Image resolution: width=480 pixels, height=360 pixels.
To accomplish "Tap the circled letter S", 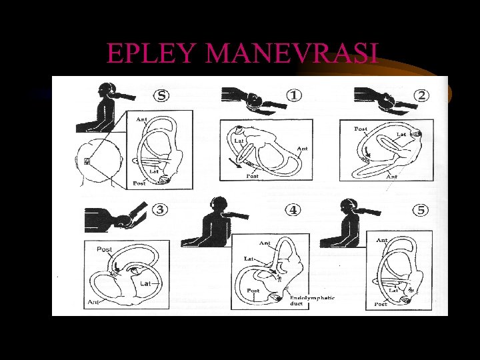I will coord(161,95).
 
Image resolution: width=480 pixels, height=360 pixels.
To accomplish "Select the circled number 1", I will coord(293,95).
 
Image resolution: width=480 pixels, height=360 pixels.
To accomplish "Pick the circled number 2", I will coord(421,95).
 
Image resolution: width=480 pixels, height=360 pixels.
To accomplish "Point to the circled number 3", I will coord(161,210).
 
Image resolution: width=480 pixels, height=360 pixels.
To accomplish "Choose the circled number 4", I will coord(293,210).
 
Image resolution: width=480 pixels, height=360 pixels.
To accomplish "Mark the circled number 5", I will coord(421,210).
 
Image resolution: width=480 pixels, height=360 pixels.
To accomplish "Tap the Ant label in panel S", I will coord(142,120).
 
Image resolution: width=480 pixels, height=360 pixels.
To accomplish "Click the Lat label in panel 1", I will coord(239,141).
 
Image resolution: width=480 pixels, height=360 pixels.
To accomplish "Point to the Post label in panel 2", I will coord(361,129).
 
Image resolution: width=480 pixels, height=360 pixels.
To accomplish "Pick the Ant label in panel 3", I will coord(93,302).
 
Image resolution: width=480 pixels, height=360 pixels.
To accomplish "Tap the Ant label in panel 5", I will coord(382,240).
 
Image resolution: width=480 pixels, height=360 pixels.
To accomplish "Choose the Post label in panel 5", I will coord(380,304).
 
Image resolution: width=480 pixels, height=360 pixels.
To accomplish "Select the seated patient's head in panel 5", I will coord(347,206).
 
